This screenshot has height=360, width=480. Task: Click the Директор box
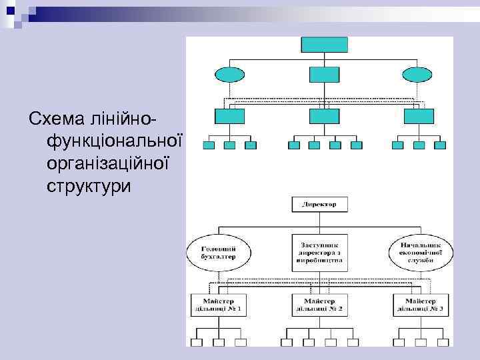319,205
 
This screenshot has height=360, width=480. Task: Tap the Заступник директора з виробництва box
319,251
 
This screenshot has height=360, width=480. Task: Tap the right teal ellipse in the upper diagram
418,75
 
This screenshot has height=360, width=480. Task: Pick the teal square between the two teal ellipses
324,75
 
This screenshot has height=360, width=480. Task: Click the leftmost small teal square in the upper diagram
209,145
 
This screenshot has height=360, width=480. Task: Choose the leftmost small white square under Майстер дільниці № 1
197,343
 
